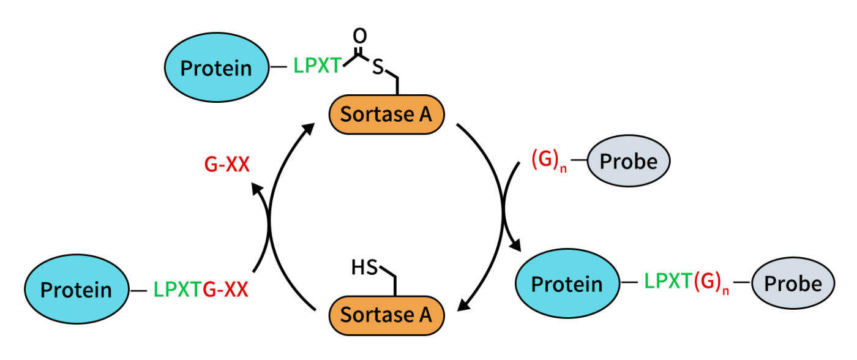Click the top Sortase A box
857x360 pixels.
[387, 114]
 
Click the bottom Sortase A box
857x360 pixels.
[387, 315]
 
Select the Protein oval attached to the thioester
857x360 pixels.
[216, 67]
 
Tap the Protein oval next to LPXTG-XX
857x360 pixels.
[76, 290]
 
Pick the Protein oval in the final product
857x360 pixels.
[567, 284]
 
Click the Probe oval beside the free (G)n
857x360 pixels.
[629, 162]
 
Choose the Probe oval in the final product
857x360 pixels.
[793, 284]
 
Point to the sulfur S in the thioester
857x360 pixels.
[378, 67]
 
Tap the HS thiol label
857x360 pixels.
[365, 268]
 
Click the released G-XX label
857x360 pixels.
[226, 164]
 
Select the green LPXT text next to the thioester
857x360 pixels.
[317, 66]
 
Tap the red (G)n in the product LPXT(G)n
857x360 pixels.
[711, 283]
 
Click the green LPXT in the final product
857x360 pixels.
[668, 282]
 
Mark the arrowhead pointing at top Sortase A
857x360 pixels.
[309, 129]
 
